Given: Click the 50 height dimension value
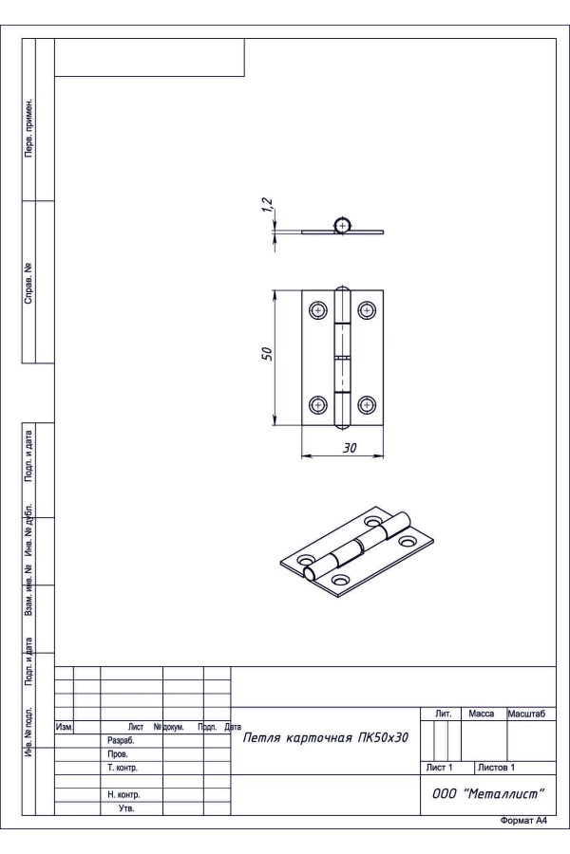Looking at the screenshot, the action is pos(267,354).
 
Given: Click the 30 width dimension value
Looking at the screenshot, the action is pos(350,448).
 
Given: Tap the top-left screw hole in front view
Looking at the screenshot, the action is pos(318,310).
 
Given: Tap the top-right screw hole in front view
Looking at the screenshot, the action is pos(367,310).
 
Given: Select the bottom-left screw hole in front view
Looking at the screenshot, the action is pos(318,404).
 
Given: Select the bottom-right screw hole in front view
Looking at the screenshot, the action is pos(367,404).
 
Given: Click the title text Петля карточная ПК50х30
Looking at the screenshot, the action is pos(325,738).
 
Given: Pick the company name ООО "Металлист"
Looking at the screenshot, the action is pos(488,793).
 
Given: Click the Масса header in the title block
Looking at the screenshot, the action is pos(481,714).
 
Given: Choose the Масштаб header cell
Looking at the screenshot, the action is pos(527,714).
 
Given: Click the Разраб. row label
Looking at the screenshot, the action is pos(121,741).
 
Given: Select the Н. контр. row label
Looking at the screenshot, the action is pos(123,794).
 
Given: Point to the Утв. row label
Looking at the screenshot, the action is pos(126,808).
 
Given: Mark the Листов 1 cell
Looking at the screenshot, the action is pos(496,768).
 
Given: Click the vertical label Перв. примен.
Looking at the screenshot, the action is pos(28,128).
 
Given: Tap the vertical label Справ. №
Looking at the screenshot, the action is pos(28,284).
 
